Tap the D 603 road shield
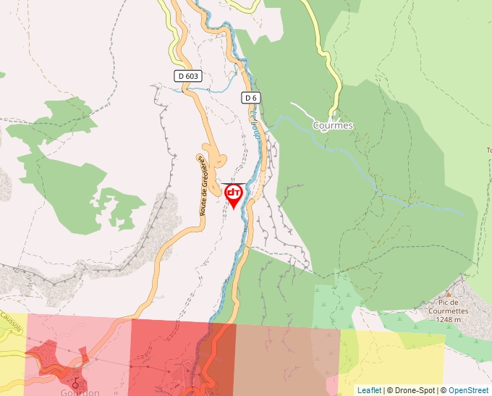pyautogui.click(x=187, y=75)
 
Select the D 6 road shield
pyautogui.click(x=250, y=98)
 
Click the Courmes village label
pyautogui.click(x=333, y=125)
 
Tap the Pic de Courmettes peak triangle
pyautogui.click(x=448, y=294)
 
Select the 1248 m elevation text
pyautogui.click(x=448, y=319)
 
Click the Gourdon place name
pyautogui.click(x=75, y=392)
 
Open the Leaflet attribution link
pyautogui.click(x=369, y=390)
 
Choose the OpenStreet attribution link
pyautogui.click(x=469, y=390)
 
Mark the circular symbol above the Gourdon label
pyautogui.click(x=75, y=379)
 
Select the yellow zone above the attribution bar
pyautogui.click(x=394, y=358)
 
